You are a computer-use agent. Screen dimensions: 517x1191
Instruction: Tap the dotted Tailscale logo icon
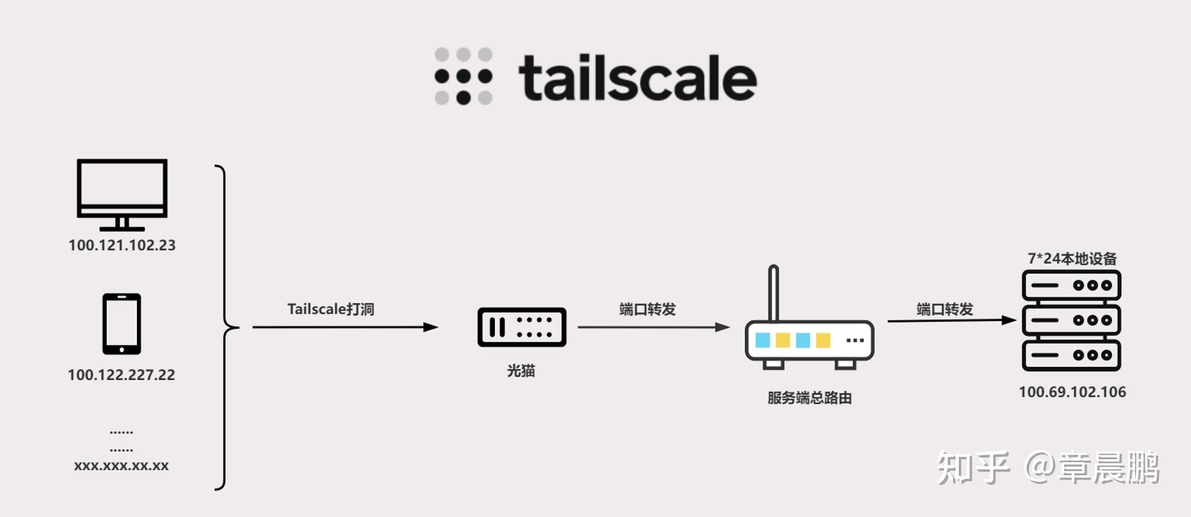pos(463,76)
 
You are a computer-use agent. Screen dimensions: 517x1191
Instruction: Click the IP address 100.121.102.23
pos(122,245)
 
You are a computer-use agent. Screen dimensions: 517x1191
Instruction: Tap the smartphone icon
pos(121,324)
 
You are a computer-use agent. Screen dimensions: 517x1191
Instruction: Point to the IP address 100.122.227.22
pos(121,375)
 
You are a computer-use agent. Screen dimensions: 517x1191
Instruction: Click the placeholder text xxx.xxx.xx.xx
pos(121,466)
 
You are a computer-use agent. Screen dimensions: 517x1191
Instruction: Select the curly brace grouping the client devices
pos(225,327)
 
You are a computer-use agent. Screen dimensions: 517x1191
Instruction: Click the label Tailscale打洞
pos(331,309)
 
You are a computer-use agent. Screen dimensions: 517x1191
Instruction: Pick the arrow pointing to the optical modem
pos(345,327)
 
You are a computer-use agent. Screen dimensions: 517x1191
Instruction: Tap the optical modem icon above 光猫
pos(522,327)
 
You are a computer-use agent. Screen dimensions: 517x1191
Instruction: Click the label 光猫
pos(521,371)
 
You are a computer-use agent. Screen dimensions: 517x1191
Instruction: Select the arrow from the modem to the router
pos(653,327)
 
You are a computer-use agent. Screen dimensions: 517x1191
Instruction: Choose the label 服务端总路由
pos(809,398)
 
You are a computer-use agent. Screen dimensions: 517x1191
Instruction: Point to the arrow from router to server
pos(951,320)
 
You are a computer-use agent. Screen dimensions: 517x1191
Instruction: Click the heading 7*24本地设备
pos(1072,258)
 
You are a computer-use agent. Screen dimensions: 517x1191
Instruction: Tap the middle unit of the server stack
pos(1071,320)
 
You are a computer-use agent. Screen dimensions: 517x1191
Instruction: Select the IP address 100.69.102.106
pos(1072,392)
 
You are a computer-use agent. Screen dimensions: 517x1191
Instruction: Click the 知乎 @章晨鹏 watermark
pos(1048,468)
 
